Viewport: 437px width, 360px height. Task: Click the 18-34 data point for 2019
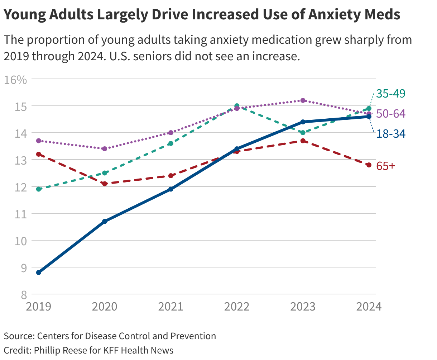click(39, 273)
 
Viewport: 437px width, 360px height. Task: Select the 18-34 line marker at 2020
click(105, 221)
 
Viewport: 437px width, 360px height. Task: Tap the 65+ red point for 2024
click(369, 165)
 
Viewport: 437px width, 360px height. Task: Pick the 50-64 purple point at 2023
click(303, 100)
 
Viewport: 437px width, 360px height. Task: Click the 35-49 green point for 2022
click(237, 106)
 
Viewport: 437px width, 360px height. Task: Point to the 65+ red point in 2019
click(39, 154)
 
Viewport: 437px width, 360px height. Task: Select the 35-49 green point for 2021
click(171, 143)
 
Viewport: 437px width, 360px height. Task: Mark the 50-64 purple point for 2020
click(105, 148)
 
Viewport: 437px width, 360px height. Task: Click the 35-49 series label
click(391, 94)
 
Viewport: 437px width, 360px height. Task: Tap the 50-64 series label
click(391, 114)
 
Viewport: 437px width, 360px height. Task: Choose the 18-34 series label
click(391, 134)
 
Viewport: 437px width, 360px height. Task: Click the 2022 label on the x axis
click(237, 307)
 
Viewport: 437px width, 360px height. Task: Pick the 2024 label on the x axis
click(368, 307)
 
